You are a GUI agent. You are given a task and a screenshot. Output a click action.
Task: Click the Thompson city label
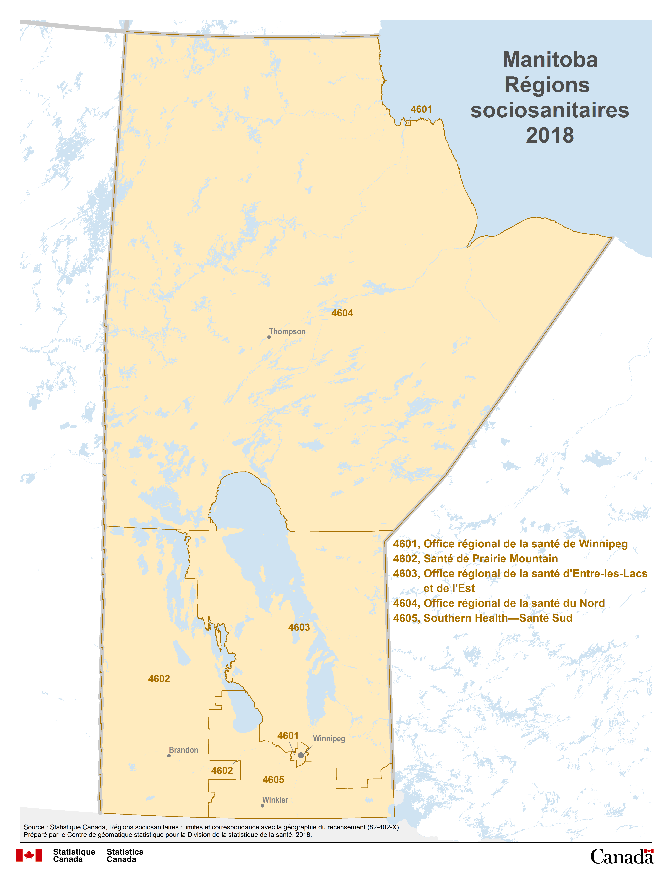pos(287,331)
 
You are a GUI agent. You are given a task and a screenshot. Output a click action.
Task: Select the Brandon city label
pos(184,750)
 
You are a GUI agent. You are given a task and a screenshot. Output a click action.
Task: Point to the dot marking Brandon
pos(169,756)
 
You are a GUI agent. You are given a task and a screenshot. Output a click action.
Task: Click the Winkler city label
pos(275,800)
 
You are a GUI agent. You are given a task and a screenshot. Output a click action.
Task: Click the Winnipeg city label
pos(329,739)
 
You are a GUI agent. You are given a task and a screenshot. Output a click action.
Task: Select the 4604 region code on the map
pos(342,313)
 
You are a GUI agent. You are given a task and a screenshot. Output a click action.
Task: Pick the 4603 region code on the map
pos(299,627)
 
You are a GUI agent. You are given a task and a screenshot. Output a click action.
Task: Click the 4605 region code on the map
pos(273,780)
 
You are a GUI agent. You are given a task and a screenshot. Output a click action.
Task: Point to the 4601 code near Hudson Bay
pos(421,109)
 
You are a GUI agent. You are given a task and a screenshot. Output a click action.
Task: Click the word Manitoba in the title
pos(550,60)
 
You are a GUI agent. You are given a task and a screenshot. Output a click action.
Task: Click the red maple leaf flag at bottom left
pos(29,855)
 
